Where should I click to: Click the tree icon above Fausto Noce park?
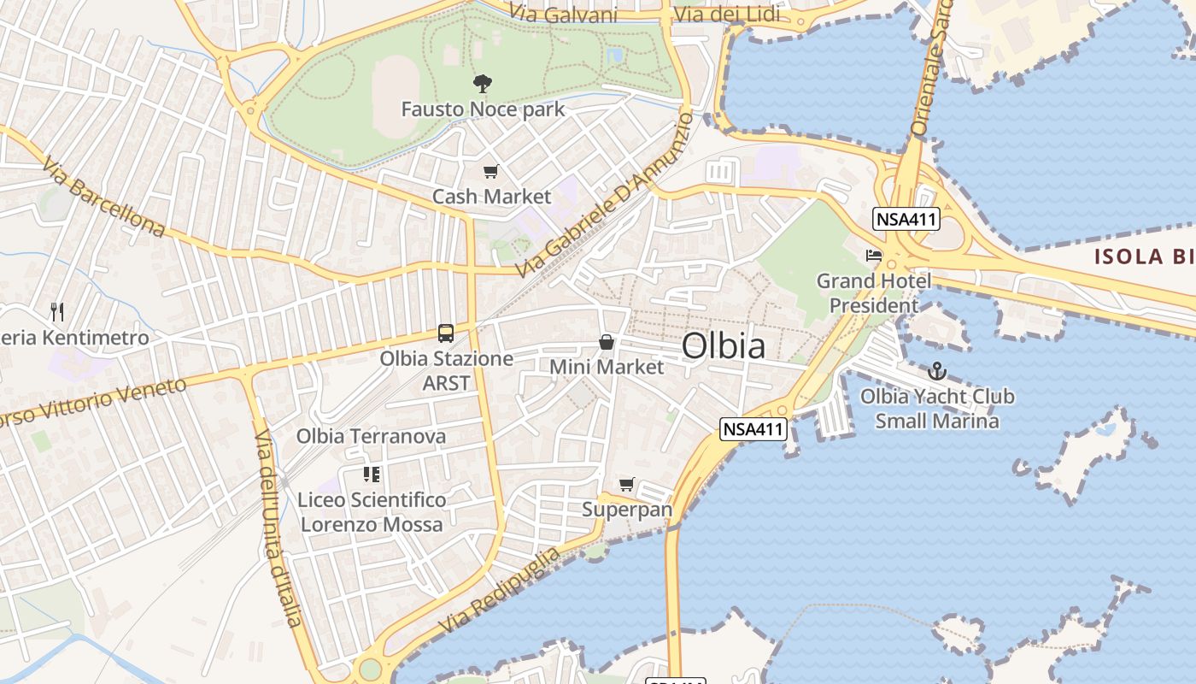(x=483, y=83)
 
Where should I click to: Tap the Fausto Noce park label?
(x=483, y=109)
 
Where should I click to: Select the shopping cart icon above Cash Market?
(x=490, y=172)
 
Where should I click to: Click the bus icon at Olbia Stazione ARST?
(x=446, y=333)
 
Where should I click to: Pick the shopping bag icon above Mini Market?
(x=607, y=342)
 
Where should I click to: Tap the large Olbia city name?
(x=724, y=346)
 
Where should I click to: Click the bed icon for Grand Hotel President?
(x=873, y=255)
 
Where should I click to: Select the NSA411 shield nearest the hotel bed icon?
(x=906, y=219)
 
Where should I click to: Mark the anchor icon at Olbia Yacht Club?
(x=937, y=371)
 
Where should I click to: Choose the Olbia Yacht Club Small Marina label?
(x=937, y=408)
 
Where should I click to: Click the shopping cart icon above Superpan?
(x=627, y=485)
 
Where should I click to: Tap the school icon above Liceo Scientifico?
(x=372, y=474)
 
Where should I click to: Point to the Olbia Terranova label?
(x=371, y=436)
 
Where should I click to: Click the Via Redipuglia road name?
(x=500, y=590)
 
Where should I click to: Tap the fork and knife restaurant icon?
(x=57, y=311)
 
